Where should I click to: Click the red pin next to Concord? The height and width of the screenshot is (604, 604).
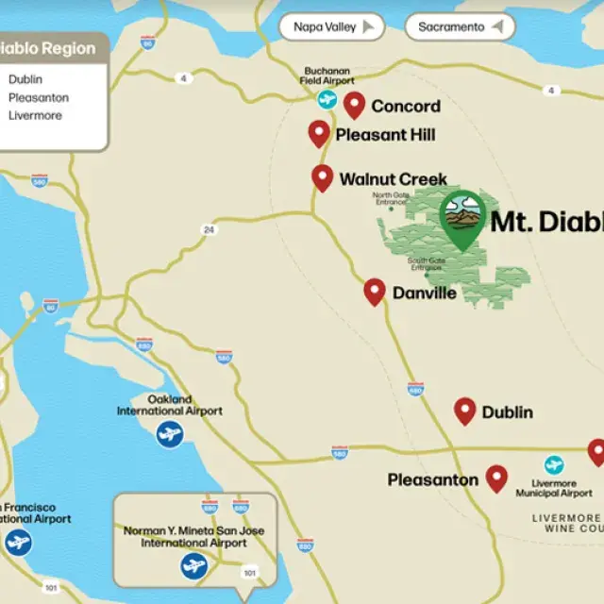pyautogui.click(x=354, y=104)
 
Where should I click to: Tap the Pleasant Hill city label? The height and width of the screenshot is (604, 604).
pyautogui.click(x=385, y=136)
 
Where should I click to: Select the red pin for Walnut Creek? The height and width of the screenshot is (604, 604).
pyautogui.click(x=323, y=176)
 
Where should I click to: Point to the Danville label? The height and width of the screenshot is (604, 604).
pyautogui.click(x=425, y=294)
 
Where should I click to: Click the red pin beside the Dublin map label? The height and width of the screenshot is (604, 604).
pyautogui.click(x=464, y=410)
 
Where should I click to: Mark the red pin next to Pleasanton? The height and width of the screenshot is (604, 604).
pyautogui.click(x=496, y=478)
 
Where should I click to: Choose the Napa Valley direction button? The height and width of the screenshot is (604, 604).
pyautogui.click(x=331, y=27)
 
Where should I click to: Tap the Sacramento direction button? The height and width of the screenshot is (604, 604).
pyautogui.click(x=461, y=27)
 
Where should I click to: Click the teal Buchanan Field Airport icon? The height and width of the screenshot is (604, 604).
pyautogui.click(x=327, y=99)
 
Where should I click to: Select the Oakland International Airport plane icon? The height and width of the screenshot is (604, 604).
pyautogui.click(x=170, y=434)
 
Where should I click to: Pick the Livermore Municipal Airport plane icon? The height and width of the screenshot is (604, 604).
pyautogui.click(x=554, y=465)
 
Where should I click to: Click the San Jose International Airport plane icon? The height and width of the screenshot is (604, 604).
pyautogui.click(x=193, y=566)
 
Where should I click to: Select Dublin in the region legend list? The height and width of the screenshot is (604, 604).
pyautogui.click(x=25, y=80)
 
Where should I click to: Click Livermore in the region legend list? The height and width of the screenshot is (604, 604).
pyautogui.click(x=35, y=115)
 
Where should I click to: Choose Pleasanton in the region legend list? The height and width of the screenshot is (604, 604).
pyautogui.click(x=38, y=97)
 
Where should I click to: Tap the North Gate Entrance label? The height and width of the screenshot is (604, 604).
pyautogui.click(x=389, y=197)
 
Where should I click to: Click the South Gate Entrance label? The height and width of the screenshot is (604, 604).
pyautogui.click(x=426, y=265)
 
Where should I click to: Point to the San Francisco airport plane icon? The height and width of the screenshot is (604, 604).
pyautogui.click(x=18, y=543)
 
